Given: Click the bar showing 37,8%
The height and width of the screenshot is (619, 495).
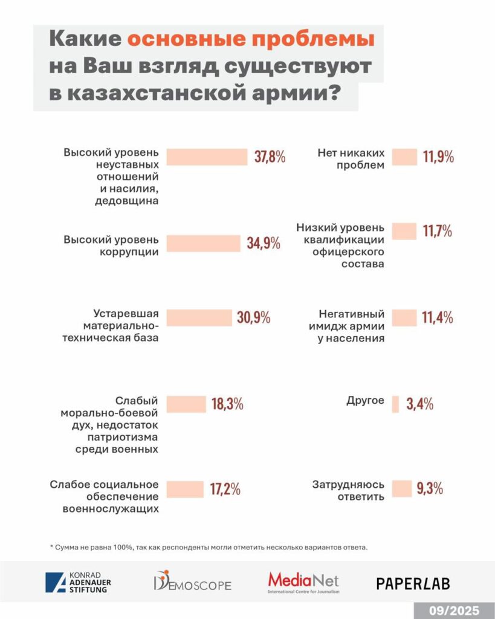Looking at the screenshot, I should coord(207,157).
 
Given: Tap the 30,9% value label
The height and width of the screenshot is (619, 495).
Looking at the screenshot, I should coord(253,317).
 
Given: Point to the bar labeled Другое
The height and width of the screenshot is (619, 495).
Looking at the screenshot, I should coord(396,404).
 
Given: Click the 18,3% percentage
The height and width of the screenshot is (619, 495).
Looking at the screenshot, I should coord(227,404).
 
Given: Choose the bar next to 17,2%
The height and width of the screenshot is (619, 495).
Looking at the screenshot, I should coord(185,489).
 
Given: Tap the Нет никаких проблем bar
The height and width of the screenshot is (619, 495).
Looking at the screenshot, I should coord(404,157).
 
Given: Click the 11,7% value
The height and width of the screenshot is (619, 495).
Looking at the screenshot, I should coord(438,231).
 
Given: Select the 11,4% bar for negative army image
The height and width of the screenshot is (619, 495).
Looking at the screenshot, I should coord(404,317).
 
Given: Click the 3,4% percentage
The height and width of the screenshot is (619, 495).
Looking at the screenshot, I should coord(419,404).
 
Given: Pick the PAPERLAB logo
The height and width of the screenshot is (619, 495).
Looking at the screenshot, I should coord(413,583).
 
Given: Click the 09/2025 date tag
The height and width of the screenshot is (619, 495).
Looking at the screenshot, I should coord(454,610).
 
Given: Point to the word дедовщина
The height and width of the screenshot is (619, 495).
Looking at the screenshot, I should coord(127,202).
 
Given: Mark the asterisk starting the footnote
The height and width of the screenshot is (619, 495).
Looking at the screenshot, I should coord(52,548).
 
